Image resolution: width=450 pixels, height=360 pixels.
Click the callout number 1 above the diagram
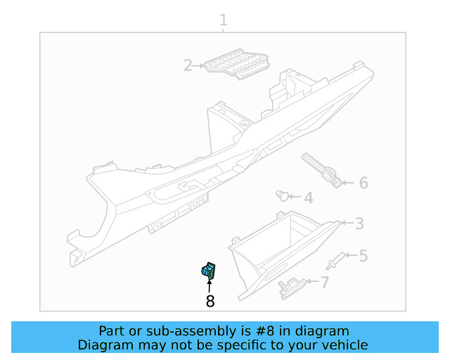(x=224, y=20)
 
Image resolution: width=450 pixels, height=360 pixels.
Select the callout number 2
(x=188, y=66)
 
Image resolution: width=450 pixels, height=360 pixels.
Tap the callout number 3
(x=359, y=224)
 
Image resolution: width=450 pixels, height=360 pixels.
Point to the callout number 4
(x=308, y=198)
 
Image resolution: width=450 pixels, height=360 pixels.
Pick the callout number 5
(x=363, y=256)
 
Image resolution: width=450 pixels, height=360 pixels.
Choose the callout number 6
(x=363, y=183)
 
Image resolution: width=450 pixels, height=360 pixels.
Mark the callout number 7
(x=324, y=283)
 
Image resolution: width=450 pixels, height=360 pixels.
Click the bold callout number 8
(x=210, y=302)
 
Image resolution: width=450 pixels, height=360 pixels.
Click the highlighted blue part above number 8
(x=209, y=271)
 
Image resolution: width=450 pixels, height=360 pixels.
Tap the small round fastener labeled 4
(x=283, y=195)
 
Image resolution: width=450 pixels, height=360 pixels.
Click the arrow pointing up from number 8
(x=210, y=285)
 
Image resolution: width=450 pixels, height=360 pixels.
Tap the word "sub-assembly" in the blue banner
(x=195, y=331)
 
